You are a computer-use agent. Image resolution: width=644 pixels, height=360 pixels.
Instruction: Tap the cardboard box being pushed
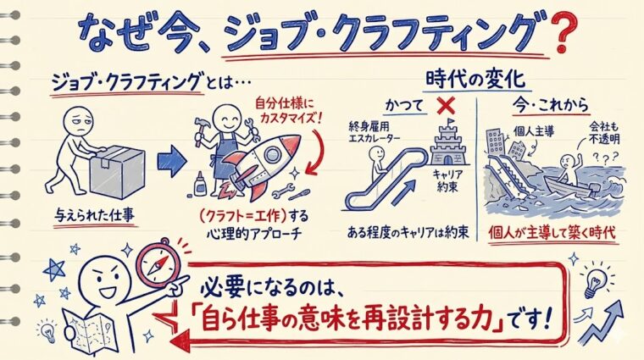coord(116,169)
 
